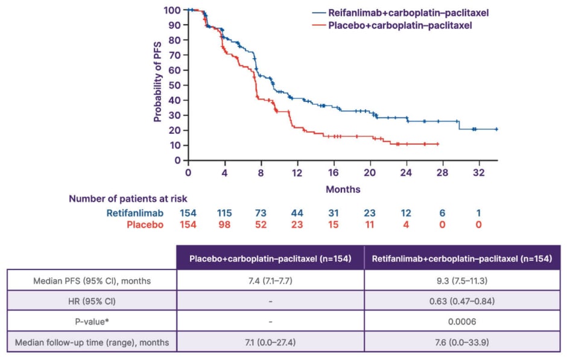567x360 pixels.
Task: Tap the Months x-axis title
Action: pos(343,189)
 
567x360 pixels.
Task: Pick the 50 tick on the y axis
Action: pos(176,85)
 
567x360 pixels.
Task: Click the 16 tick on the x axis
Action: pos(334,172)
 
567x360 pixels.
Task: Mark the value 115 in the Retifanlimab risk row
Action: pos(226,213)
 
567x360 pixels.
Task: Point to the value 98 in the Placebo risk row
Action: pos(226,225)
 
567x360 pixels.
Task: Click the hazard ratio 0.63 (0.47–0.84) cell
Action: pos(463,301)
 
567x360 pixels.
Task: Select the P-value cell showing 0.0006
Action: pos(463,322)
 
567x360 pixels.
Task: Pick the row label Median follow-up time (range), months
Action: pos(91,343)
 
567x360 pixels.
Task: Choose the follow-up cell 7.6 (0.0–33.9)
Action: pos(463,343)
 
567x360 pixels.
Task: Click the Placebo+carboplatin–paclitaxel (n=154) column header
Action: pos(270,258)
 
